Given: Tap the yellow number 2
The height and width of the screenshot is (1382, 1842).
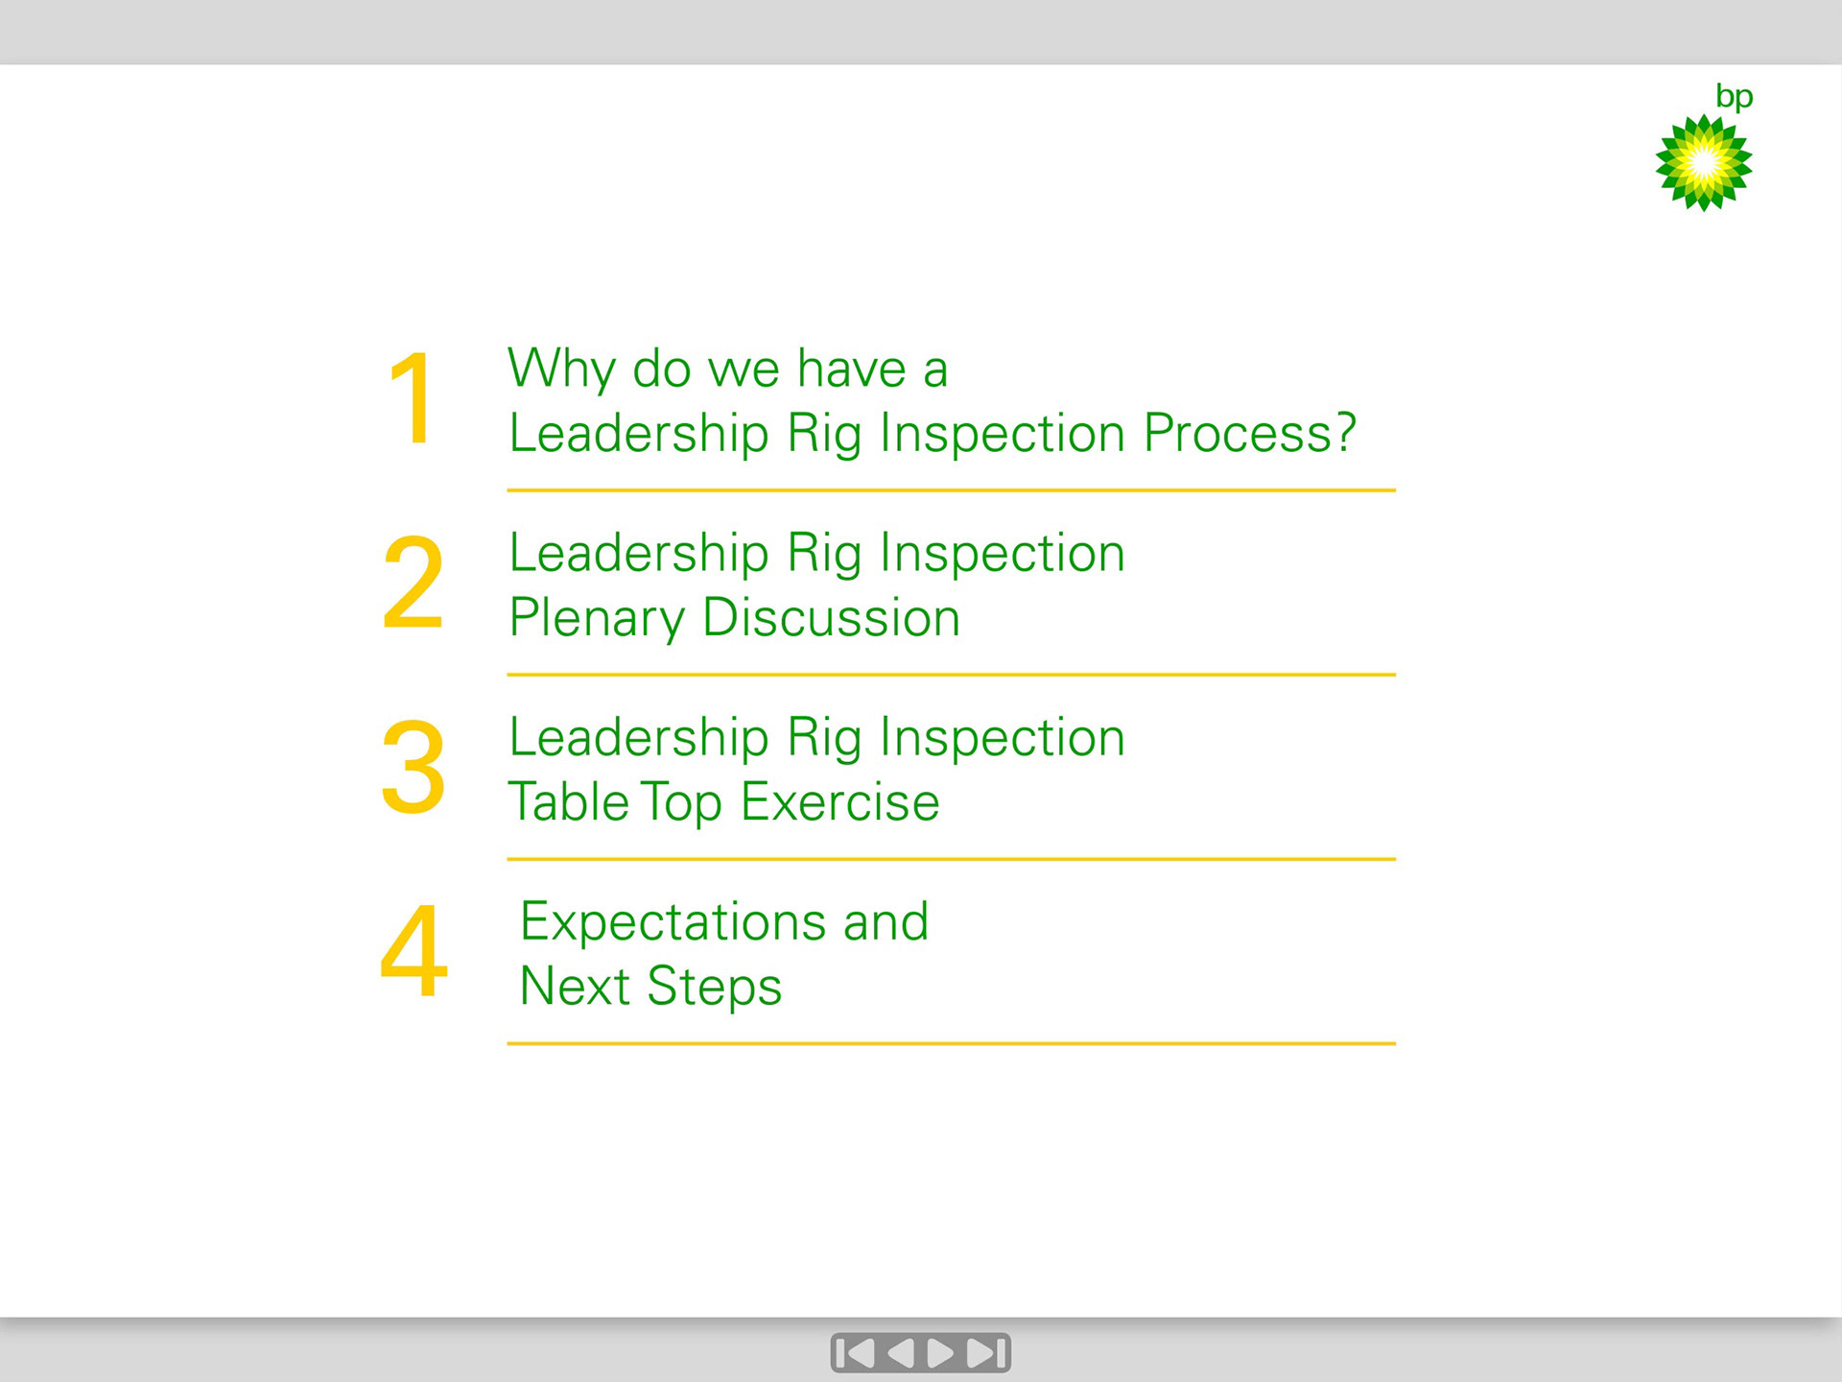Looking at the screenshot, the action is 413,583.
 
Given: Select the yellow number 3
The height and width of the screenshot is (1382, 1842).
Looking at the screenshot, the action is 413,768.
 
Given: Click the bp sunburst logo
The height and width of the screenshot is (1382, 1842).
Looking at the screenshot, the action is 1704,162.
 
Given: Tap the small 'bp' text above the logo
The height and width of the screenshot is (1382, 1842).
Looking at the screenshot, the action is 1734,97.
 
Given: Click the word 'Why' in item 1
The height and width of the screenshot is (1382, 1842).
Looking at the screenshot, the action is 562,370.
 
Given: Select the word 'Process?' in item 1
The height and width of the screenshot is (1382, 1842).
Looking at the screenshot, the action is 1250,435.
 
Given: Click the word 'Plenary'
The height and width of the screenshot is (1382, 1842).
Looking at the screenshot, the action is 597,619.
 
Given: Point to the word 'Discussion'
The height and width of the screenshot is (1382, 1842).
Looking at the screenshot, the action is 832,617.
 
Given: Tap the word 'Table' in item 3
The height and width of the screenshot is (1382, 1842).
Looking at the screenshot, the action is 568,801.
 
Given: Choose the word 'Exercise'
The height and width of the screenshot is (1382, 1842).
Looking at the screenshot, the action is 840,801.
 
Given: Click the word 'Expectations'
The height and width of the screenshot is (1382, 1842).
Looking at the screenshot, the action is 673,923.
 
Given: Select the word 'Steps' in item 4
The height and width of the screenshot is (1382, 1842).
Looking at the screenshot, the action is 715,988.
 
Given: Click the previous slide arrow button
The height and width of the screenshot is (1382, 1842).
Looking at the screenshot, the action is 900,1353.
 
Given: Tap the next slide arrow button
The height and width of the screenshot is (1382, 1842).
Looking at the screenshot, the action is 940,1353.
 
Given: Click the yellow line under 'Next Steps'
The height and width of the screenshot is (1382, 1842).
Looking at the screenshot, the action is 952,1043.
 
